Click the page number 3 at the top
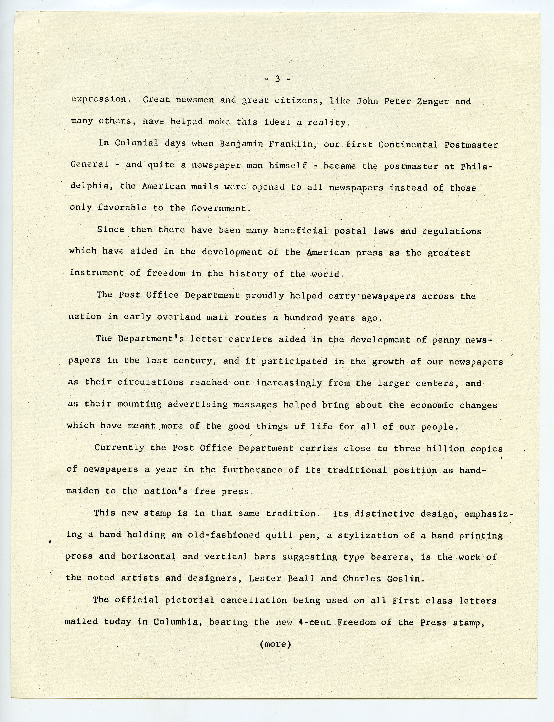coord(277,79)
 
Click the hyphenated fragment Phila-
coord(476,166)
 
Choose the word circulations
coord(150,382)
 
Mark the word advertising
coord(198,404)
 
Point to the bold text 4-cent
coord(312,622)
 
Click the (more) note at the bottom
coord(275,644)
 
